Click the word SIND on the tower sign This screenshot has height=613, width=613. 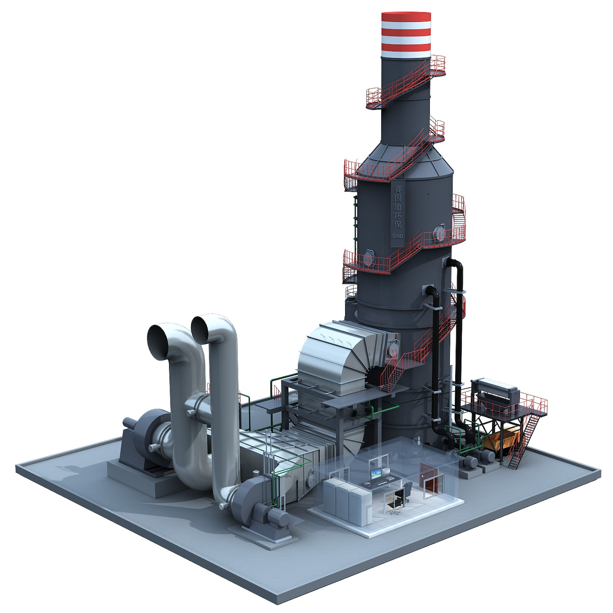pos(397,236)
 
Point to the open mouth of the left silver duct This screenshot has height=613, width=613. pos(158,342)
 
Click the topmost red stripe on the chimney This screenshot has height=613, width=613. pos(406,18)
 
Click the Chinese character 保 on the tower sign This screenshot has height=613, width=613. pos(398,225)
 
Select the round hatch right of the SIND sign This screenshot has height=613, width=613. pos(439,233)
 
